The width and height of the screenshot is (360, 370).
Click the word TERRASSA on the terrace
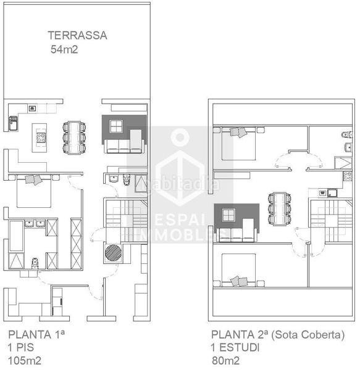pos(78,35)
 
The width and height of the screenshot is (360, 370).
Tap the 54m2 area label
pos(64,49)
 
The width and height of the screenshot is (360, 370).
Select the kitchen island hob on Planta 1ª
pos(41,137)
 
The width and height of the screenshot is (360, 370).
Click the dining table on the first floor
pos(75,138)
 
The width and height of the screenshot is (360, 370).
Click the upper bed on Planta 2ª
pos(238,144)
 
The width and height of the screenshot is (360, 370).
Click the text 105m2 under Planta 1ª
pos(25,361)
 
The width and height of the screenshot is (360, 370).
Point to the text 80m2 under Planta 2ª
pos(226,361)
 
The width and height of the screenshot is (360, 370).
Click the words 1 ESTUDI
pos(235,348)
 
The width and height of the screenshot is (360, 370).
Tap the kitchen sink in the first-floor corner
pos(13,123)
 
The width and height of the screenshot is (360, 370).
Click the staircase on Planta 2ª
pos(330,219)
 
